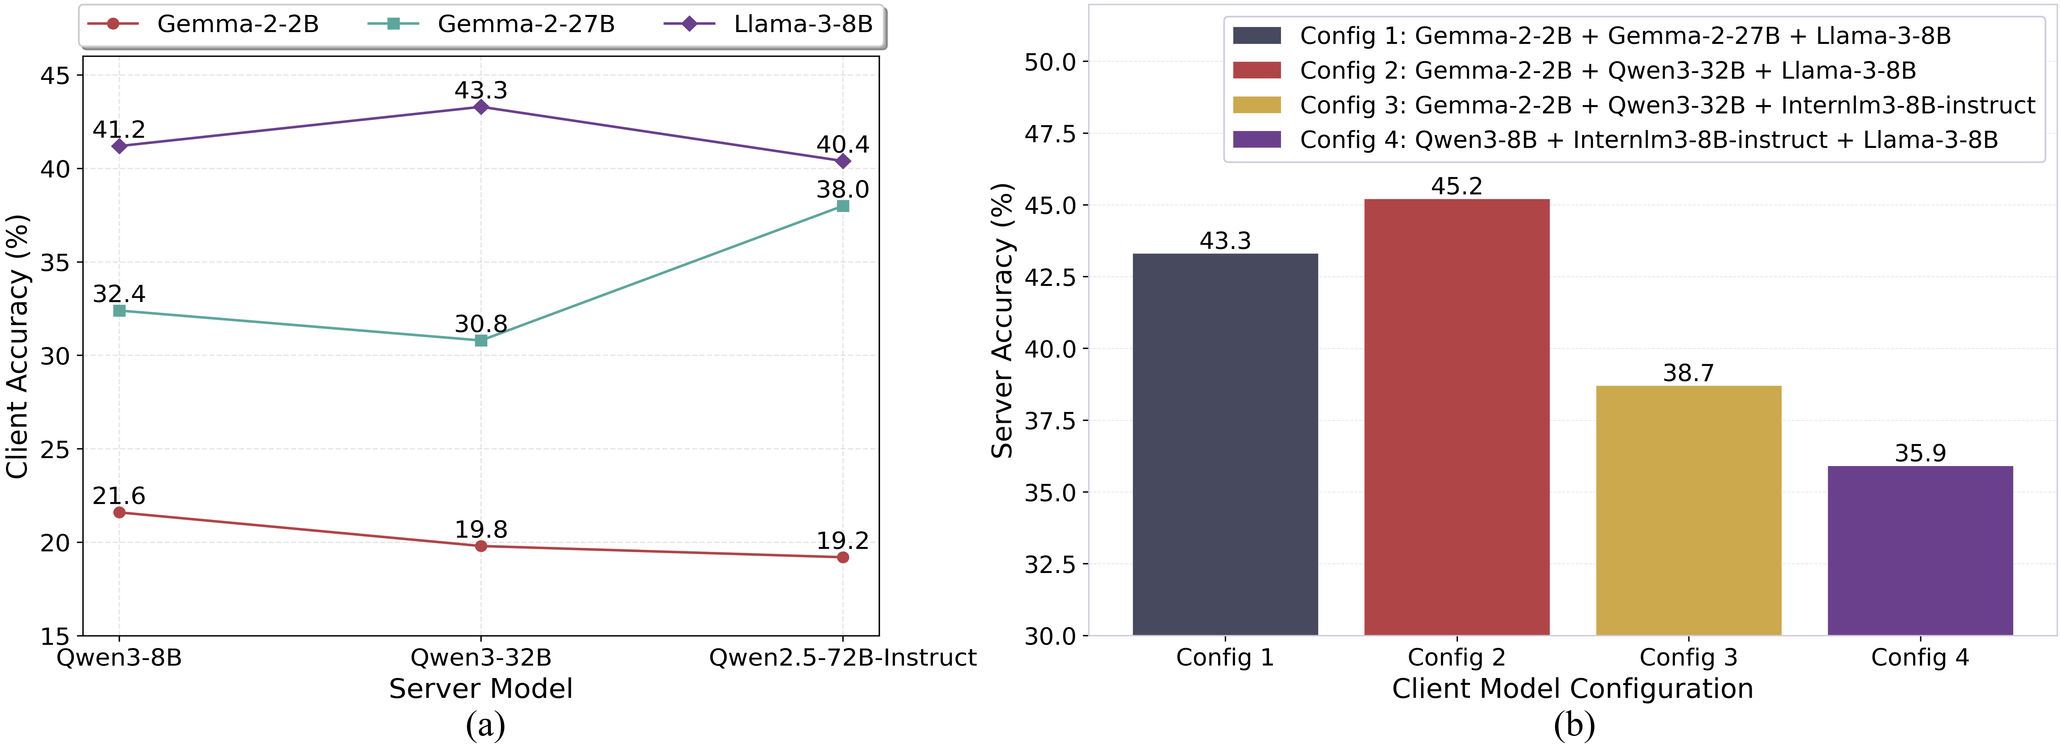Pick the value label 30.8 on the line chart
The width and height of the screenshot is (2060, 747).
point(481,324)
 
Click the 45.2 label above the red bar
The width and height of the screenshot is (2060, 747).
point(1456,186)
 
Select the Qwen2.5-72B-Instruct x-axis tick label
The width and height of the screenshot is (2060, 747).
point(842,658)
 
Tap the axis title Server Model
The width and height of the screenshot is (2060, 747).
point(481,689)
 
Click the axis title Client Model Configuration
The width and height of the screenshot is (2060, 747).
point(1572,689)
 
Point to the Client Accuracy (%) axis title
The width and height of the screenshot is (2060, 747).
point(17,346)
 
